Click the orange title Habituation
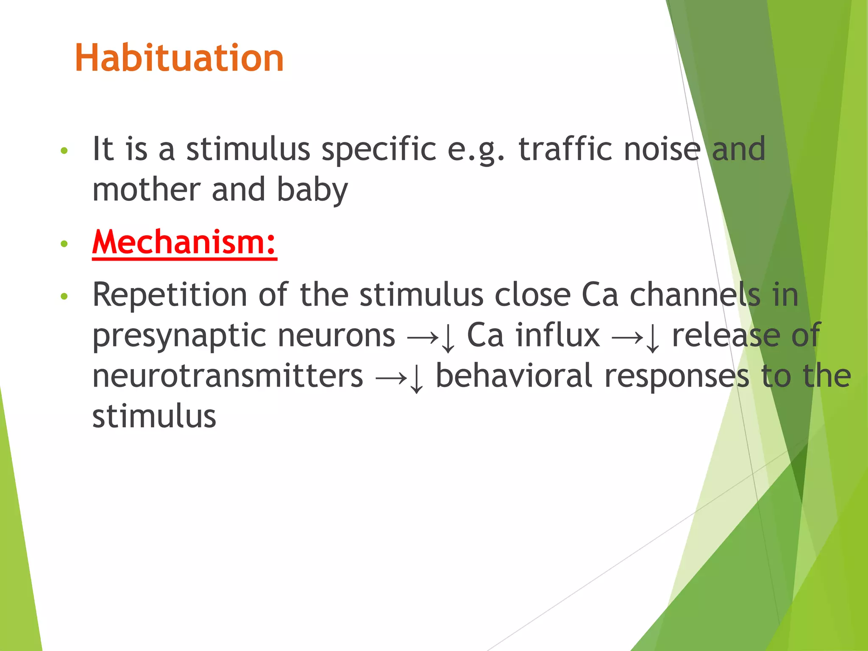[179, 58]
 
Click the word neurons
[337, 335]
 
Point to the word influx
[557, 335]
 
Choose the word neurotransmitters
[228, 376]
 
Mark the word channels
[695, 295]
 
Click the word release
[726, 335]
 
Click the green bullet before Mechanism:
[64, 244]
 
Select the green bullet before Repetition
[64, 296]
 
